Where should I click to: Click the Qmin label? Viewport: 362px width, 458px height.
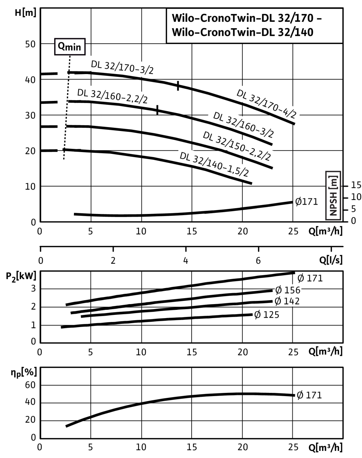coord(70,47)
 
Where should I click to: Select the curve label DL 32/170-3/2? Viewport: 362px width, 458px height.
coord(122,67)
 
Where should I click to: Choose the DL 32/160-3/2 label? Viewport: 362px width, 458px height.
coord(243,125)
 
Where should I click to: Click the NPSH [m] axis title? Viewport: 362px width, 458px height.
coord(333,195)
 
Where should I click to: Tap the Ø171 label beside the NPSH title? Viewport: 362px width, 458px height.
coord(306,202)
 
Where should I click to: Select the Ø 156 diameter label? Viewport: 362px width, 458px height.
coord(288,290)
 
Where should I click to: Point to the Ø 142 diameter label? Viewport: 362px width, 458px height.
coord(287,301)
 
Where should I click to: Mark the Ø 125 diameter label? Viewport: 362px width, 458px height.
coord(267,315)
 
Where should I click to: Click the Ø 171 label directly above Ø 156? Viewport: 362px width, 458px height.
coord(310,278)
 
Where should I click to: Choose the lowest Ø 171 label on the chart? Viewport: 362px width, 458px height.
coord(309,395)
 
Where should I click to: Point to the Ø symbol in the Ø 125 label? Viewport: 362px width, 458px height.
coord(257,315)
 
